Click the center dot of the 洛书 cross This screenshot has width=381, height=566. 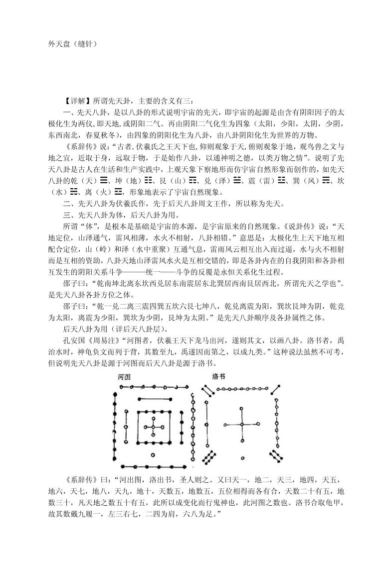pyautogui.click(x=242, y=424)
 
